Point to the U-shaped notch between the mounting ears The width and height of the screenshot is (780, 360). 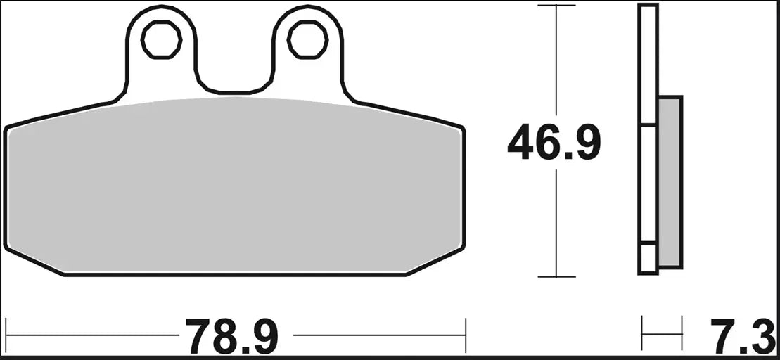point(233,77)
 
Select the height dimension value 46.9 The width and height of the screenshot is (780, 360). point(554,143)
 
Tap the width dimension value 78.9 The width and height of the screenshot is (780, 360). point(232,337)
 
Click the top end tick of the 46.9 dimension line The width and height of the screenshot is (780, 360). point(556,6)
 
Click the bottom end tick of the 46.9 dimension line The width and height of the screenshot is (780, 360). point(556,276)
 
